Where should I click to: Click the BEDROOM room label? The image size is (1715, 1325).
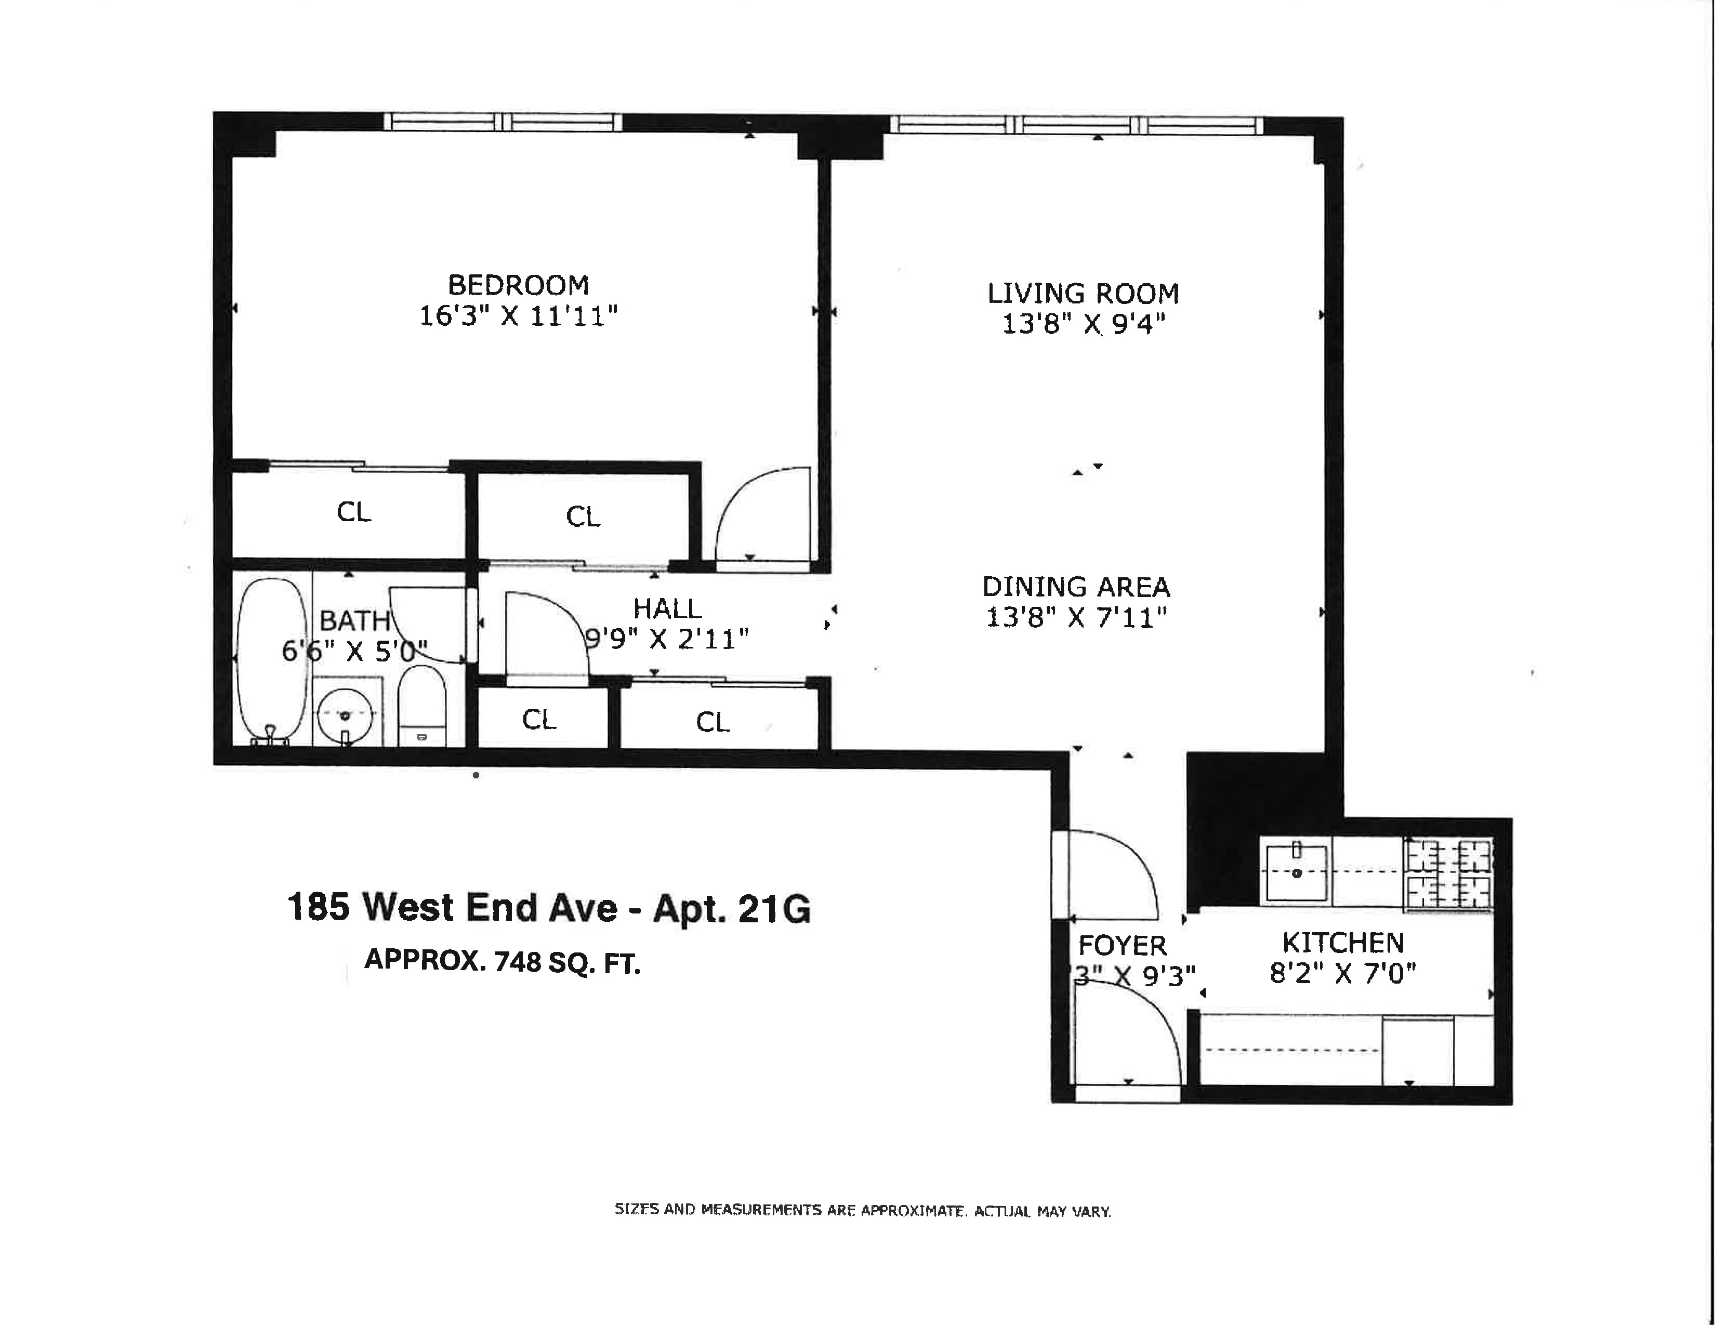click(x=518, y=284)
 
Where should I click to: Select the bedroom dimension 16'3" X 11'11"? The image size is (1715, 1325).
click(x=518, y=316)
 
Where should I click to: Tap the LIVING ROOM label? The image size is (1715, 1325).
click(x=1083, y=294)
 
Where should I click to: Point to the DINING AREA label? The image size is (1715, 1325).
click(x=1076, y=587)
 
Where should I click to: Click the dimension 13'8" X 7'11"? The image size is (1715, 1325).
click(x=1076, y=618)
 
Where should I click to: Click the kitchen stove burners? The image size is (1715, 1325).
click(x=1449, y=873)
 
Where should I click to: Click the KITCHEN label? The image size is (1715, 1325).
click(x=1343, y=942)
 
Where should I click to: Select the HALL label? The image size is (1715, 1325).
click(x=667, y=608)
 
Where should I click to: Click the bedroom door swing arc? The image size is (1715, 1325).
click(x=762, y=514)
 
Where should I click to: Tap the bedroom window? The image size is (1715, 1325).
click(x=503, y=123)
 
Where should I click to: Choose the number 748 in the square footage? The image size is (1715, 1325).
click(x=518, y=962)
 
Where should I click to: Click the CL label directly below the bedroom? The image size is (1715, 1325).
click(x=353, y=512)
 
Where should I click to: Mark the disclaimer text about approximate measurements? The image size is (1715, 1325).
click(x=862, y=1210)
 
